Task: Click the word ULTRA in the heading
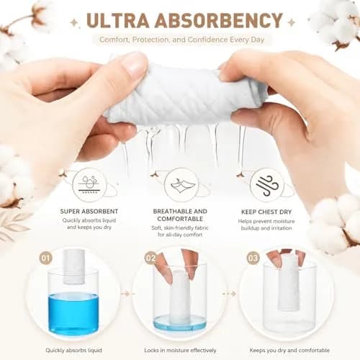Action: pos(117,20)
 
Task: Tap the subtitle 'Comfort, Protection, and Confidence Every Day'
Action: pos(181,40)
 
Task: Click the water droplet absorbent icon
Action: pos(89,185)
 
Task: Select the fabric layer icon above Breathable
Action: pos(181,185)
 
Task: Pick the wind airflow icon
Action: pos(267,186)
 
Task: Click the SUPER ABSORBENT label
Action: pos(89,212)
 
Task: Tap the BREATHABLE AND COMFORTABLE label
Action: pos(180,215)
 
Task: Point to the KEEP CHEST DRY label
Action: pos(266,212)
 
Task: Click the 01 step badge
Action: pos(46,258)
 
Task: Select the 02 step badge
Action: pos(150,258)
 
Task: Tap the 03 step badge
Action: pos(253,258)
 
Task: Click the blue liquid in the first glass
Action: pos(73,313)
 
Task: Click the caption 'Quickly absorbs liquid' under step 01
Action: pos(73,351)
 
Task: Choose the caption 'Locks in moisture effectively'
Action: pos(180,351)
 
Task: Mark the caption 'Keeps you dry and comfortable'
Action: pos(289,351)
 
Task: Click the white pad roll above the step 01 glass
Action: pos(73,266)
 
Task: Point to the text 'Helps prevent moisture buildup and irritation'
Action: pos(266,225)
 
